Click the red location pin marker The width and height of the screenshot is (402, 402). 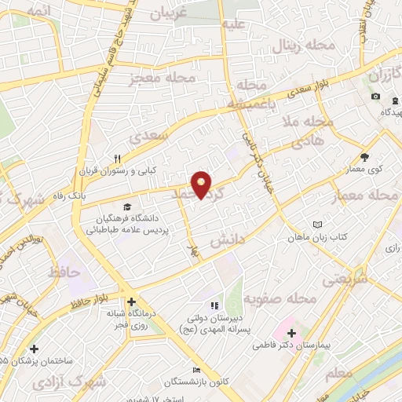203,185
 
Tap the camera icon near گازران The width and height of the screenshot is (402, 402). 376,97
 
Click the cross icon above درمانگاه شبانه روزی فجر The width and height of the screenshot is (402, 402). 131,301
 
